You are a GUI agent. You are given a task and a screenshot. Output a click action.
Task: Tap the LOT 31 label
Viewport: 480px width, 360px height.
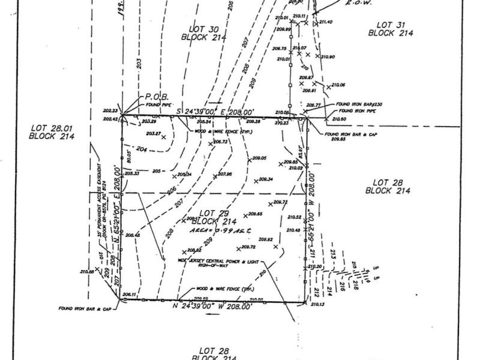391,29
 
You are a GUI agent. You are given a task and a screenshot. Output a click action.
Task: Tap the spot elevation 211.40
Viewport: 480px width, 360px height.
326,22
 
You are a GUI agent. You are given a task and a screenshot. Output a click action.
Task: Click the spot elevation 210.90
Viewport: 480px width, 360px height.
328,57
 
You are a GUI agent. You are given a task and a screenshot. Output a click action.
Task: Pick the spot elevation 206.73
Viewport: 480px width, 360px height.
220,142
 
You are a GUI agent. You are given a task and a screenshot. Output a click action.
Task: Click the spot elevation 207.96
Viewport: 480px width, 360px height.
224,175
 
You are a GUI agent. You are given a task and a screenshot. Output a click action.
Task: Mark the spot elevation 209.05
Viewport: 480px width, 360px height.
259,158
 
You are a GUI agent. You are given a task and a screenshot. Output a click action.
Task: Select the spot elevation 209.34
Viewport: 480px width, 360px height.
266,179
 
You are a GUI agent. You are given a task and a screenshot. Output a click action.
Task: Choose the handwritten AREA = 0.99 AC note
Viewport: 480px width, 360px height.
220,230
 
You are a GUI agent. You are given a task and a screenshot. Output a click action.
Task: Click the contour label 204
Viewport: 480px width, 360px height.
142,149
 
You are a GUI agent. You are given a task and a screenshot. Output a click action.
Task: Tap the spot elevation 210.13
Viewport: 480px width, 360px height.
318,305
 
